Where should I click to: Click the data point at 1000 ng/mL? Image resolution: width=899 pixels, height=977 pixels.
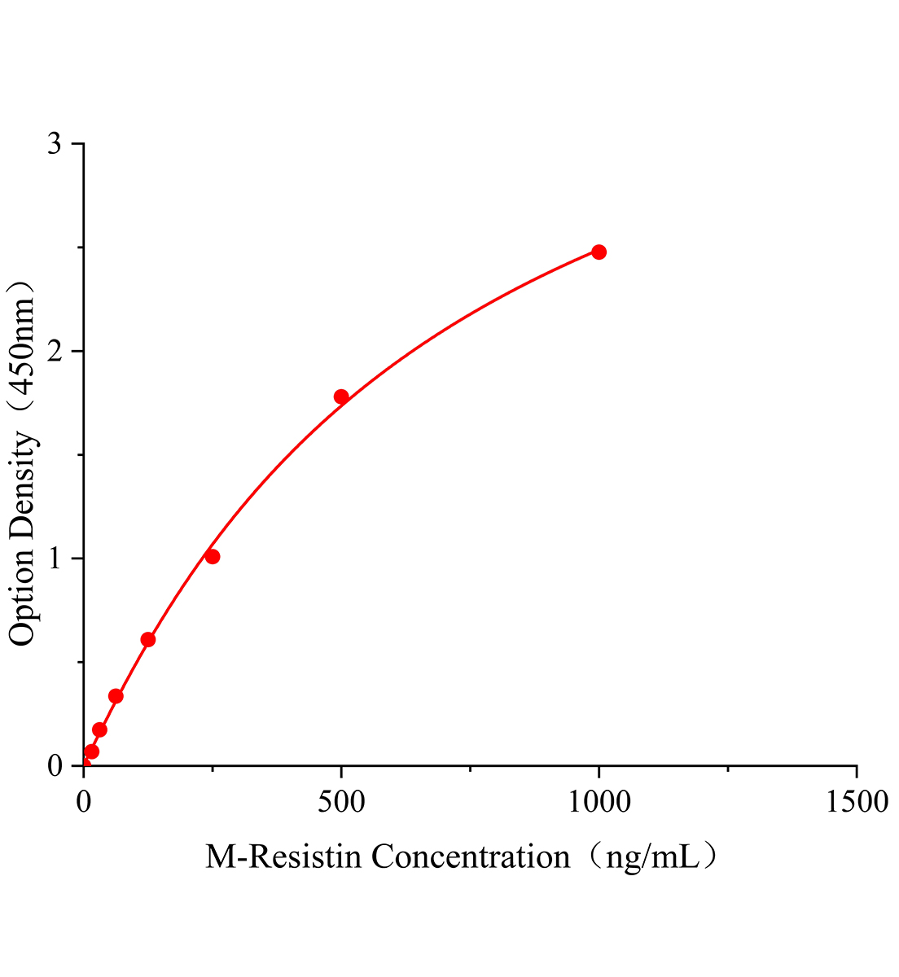click(x=599, y=252)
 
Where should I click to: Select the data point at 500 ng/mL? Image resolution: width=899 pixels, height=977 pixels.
click(x=341, y=396)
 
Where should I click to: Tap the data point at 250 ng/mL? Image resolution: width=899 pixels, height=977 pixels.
click(x=213, y=557)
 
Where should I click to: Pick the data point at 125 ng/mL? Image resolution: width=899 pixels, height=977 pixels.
click(x=148, y=640)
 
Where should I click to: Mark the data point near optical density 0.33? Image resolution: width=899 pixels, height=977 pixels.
click(x=116, y=696)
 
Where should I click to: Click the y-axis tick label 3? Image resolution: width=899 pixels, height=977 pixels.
click(x=55, y=144)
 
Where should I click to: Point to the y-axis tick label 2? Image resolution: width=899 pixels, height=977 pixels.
click(x=55, y=352)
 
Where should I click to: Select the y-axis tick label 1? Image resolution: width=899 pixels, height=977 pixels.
click(x=55, y=559)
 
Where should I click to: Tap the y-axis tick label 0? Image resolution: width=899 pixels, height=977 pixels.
click(x=55, y=766)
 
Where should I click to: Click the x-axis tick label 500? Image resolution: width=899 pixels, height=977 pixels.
click(x=341, y=802)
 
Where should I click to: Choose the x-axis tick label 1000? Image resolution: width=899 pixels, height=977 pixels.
click(x=599, y=802)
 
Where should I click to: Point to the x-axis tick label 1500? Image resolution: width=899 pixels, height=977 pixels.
click(x=856, y=802)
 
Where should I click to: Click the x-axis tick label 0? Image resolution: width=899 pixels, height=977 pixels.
click(x=84, y=802)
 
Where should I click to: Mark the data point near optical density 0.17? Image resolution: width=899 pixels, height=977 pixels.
click(x=99, y=729)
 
